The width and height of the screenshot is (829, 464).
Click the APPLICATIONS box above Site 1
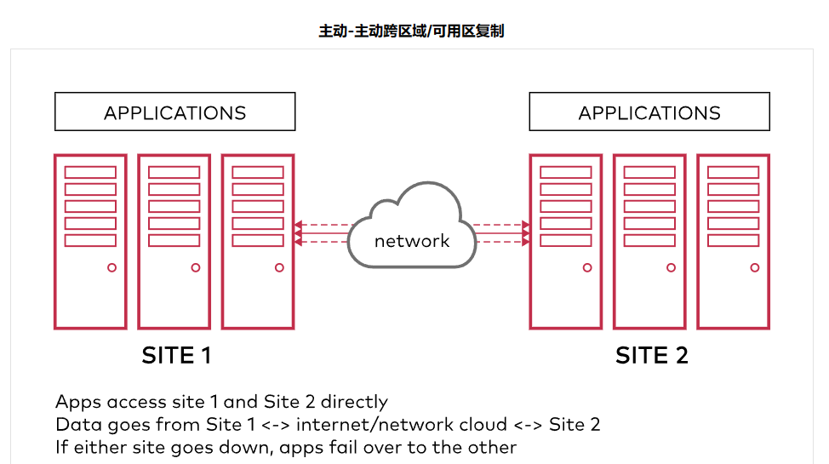(174, 112)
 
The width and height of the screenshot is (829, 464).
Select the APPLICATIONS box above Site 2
(649, 112)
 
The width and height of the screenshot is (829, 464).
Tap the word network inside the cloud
(412, 241)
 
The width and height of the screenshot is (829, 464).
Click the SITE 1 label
(176, 355)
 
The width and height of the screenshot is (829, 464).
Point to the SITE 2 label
(651, 355)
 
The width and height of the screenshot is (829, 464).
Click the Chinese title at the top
(412, 32)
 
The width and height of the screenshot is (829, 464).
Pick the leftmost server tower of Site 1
(90, 241)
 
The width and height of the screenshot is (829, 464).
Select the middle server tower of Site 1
(174, 241)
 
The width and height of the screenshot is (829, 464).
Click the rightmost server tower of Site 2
(733, 241)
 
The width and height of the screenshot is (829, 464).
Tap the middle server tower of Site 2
(649, 241)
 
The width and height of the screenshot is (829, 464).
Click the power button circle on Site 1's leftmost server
(111, 267)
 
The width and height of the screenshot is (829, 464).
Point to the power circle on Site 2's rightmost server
(754, 267)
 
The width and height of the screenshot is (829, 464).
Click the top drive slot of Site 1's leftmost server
(90, 172)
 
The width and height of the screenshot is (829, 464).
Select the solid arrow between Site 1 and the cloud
(322, 233)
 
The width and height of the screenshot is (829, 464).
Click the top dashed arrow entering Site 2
(501, 226)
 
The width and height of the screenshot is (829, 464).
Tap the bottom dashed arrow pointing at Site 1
(322, 242)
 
